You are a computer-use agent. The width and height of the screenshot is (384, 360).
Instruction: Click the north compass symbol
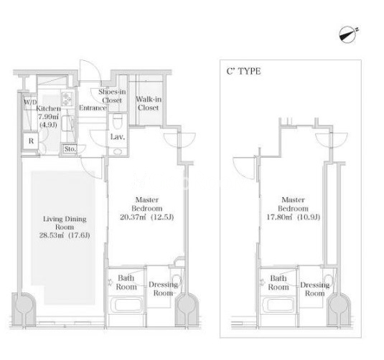click(348, 35)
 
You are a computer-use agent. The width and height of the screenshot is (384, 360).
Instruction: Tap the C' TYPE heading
click(243, 71)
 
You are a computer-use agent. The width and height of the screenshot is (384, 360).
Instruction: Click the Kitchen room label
click(48, 108)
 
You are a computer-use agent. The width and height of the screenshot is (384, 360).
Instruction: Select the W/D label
click(30, 102)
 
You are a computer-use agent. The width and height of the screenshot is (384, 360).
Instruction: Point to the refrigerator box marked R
click(31, 141)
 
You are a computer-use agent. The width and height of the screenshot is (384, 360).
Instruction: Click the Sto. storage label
click(70, 148)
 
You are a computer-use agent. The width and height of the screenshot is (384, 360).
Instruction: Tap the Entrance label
click(93, 108)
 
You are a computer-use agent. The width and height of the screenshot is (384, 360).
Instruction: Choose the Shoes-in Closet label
click(112, 96)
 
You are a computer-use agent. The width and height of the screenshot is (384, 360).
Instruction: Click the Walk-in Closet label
click(149, 103)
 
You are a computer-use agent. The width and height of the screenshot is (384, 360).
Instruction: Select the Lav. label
click(118, 137)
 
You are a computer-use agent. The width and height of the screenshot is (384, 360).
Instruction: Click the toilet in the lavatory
click(118, 121)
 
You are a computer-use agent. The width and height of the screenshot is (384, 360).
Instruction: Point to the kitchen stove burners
click(67, 99)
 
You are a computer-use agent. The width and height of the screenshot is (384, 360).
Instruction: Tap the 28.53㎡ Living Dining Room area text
click(65, 235)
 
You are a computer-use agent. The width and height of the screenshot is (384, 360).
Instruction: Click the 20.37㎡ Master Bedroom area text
click(146, 217)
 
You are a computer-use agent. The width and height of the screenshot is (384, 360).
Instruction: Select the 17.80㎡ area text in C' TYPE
click(293, 217)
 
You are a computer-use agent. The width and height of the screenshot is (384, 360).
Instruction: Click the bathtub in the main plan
click(126, 305)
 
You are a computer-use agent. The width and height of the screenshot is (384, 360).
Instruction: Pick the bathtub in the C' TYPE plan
click(278, 305)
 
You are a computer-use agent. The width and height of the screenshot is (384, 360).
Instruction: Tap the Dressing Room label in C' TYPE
click(315, 289)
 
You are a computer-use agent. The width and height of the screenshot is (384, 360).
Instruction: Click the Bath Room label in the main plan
click(126, 283)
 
